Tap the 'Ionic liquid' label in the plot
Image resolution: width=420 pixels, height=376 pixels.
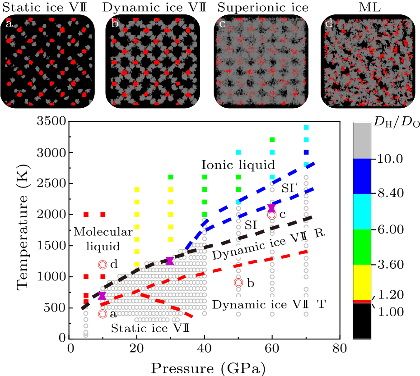coord(238,165)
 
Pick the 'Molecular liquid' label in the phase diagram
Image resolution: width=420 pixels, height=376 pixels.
coord(103,239)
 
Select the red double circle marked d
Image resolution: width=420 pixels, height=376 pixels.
coord(103,264)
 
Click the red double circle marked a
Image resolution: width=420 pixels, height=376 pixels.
coord(103,314)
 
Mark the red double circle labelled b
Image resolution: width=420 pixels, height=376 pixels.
coord(238,283)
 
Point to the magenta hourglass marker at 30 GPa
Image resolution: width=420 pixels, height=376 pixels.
coord(170,261)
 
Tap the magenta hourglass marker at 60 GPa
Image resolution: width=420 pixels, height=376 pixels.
coord(271,208)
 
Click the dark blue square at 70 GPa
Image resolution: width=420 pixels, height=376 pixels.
coord(306,152)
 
